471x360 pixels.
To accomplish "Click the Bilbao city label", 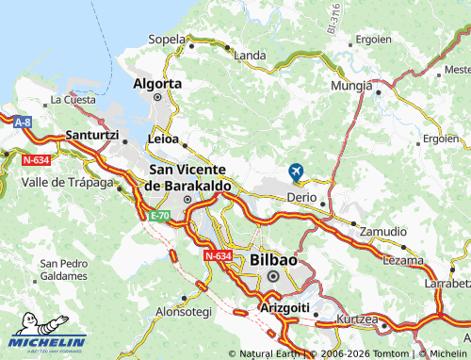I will point(273,259).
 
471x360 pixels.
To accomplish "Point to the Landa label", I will point(250,56).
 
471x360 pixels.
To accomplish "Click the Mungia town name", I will point(352,86).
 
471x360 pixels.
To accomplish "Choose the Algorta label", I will point(157,83).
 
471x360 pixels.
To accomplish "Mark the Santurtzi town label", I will point(91,136).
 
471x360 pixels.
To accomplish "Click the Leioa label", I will point(163,139).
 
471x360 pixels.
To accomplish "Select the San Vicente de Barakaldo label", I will point(187,177).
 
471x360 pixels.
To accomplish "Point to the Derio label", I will point(302,199).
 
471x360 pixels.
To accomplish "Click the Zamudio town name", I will point(383,231).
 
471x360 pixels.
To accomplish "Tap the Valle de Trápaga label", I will point(62,181).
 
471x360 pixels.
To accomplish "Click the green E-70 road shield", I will point(159,216).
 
